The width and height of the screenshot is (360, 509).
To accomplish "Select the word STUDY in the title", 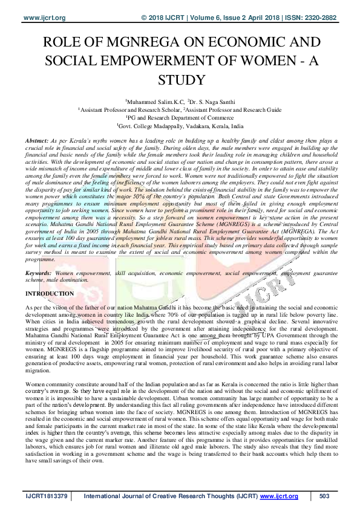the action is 180,79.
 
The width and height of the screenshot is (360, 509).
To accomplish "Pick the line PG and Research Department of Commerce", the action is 180,118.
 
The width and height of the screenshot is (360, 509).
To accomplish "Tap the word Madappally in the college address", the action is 173,126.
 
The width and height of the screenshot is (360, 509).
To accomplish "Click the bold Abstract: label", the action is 38,140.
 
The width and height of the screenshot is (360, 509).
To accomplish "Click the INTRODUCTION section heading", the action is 50,294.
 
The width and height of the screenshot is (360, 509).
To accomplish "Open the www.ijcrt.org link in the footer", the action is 279,496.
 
